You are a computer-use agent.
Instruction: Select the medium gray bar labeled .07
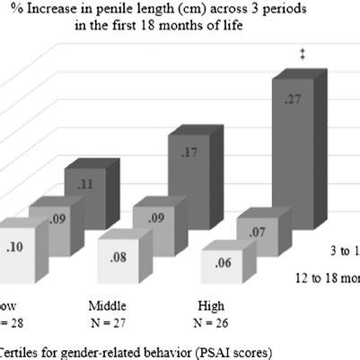click(257, 235)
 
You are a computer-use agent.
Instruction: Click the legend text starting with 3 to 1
click(341, 244)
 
